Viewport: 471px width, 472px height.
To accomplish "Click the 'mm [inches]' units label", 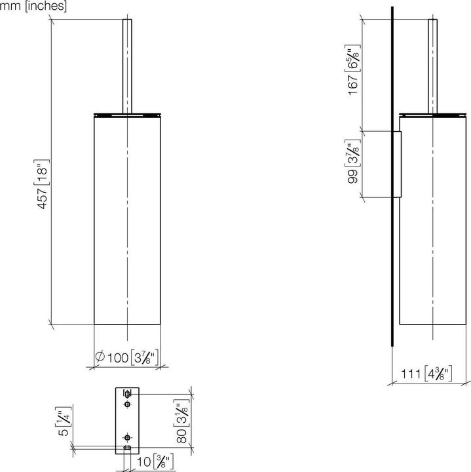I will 33,7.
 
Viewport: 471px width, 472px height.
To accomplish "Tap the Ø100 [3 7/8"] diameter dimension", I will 128,357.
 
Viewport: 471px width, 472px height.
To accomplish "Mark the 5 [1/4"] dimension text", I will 64,423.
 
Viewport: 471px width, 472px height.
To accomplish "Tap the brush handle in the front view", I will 127,66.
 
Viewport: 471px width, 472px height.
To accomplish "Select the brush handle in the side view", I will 432,66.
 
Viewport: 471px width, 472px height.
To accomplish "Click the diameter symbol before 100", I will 100,357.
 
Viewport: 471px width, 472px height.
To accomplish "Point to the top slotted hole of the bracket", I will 127,394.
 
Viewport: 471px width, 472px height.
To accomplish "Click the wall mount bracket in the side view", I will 397,164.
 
